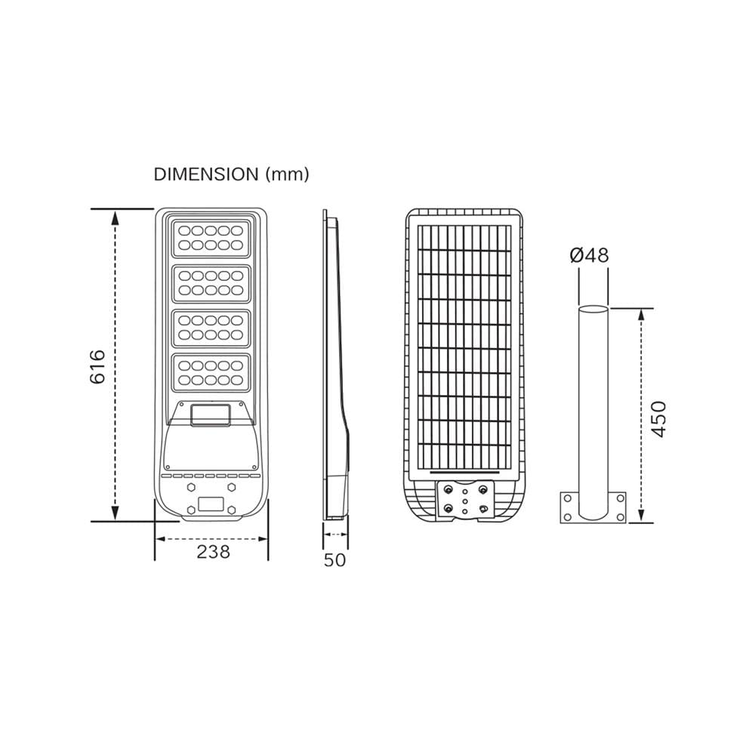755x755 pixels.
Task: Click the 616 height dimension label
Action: coord(97,367)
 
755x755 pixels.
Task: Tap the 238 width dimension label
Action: coord(214,552)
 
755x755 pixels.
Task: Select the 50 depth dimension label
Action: coord(334,560)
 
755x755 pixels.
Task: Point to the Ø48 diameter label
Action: coord(589,255)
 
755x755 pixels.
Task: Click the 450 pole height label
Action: coord(658,419)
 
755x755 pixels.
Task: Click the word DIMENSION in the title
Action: coord(206,174)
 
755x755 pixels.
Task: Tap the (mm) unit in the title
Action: coord(288,174)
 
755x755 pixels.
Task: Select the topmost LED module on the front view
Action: coord(211,239)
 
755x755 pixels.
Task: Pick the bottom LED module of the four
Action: coord(211,373)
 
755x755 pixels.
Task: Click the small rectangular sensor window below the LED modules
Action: coord(211,415)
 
